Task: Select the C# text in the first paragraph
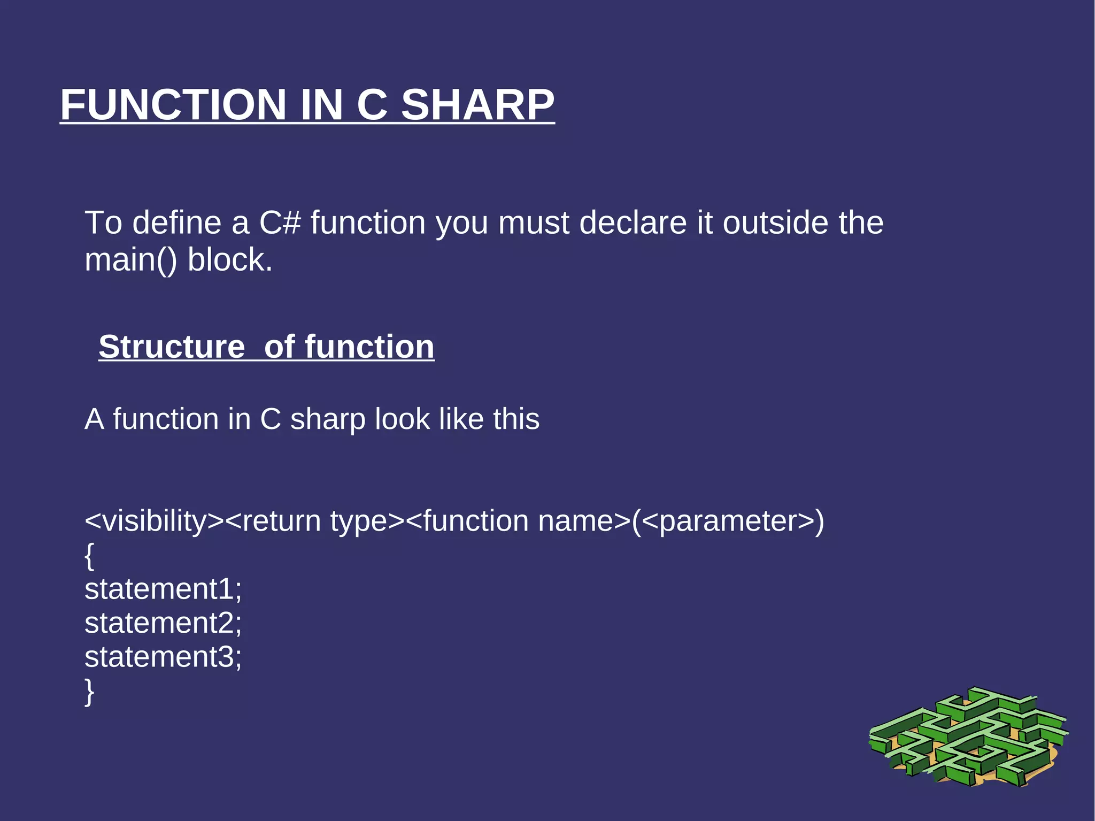(280, 222)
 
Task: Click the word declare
(633, 222)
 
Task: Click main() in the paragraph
(130, 260)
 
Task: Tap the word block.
(230, 260)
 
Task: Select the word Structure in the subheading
(172, 347)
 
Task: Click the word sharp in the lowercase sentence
(328, 419)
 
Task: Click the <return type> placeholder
(314, 521)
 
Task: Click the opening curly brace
(89, 556)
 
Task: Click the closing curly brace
(89, 692)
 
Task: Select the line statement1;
(163, 589)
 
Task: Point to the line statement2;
(163, 623)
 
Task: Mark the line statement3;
(163, 657)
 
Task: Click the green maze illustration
(968, 738)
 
